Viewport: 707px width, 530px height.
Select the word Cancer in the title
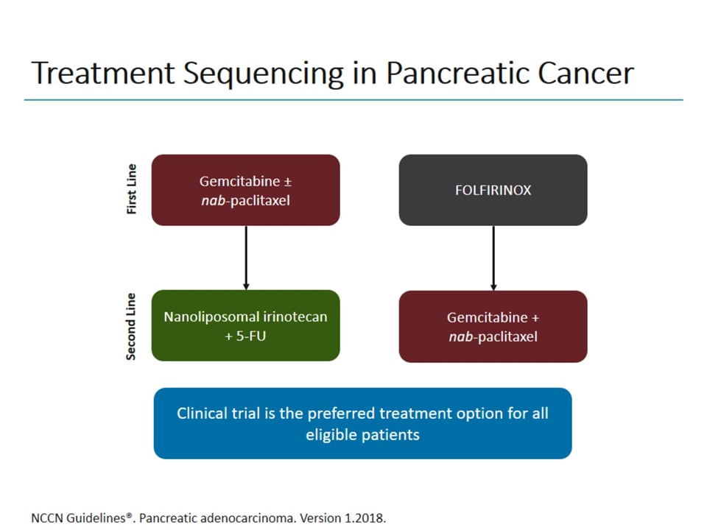click(x=585, y=74)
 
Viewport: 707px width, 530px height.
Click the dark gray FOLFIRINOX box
click(x=493, y=190)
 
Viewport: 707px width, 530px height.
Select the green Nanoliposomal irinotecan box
click(x=245, y=325)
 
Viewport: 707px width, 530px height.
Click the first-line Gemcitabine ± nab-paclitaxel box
click(x=245, y=190)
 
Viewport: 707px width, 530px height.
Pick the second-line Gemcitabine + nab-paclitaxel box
click(x=493, y=327)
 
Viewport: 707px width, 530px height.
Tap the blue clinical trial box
click(x=362, y=423)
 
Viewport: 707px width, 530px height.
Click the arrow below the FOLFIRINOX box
click(x=493, y=258)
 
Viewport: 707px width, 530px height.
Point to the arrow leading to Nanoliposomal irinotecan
click(x=246, y=258)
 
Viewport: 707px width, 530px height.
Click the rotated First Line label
click(x=133, y=189)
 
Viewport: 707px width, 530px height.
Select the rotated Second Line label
click(x=132, y=326)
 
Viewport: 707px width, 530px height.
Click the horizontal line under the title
click(x=353, y=99)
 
